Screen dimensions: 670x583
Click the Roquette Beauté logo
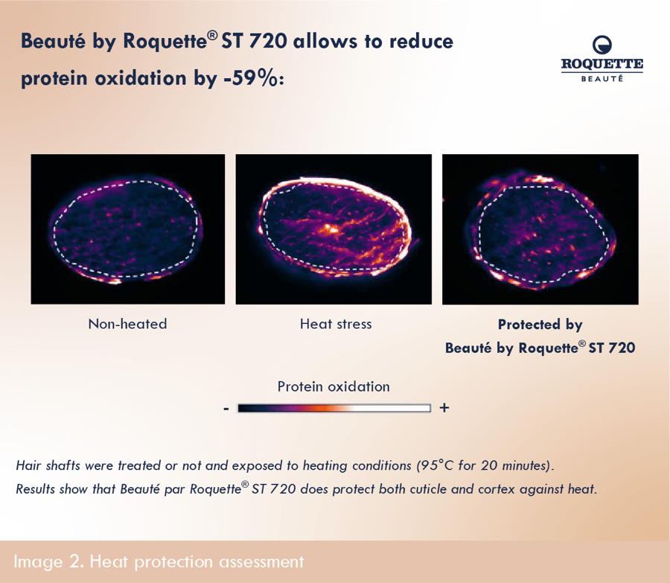pyautogui.click(x=602, y=59)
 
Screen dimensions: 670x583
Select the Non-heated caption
pyautogui.click(x=127, y=324)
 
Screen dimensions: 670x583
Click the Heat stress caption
pyautogui.click(x=336, y=324)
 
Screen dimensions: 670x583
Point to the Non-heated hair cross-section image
pyautogui.click(x=128, y=229)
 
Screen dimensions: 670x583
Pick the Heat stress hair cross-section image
pyautogui.click(x=334, y=229)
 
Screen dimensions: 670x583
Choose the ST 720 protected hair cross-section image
pyautogui.click(x=540, y=229)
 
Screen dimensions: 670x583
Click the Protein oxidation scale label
pyautogui.click(x=334, y=387)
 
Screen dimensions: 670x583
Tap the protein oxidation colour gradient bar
pyautogui.click(x=334, y=408)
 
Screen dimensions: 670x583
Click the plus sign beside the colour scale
pyautogui.click(x=444, y=408)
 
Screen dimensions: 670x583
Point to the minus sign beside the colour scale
pyautogui.click(x=226, y=409)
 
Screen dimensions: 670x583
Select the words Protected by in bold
pyautogui.click(x=540, y=325)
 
